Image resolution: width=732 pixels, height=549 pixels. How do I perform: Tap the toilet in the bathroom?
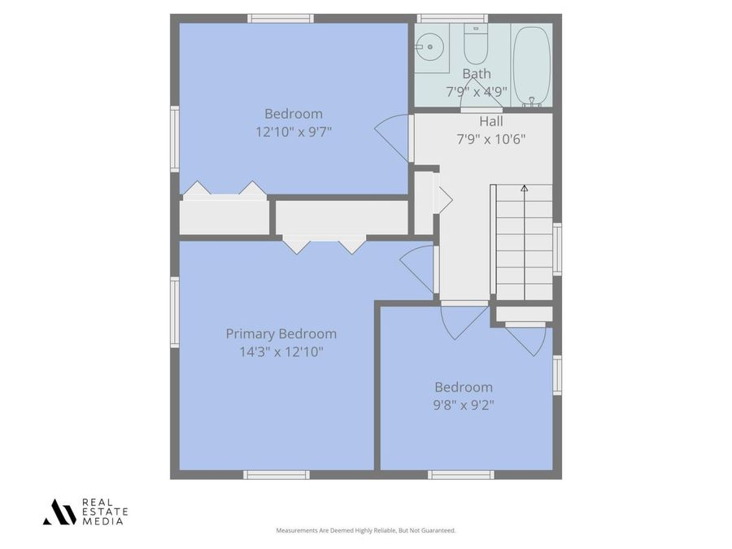click(x=475, y=46)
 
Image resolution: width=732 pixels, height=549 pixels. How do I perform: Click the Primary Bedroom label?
click(x=281, y=333)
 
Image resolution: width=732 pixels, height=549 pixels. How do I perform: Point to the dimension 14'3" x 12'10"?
click(x=281, y=352)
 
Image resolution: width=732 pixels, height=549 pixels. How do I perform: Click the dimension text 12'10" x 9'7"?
click(x=293, y=132)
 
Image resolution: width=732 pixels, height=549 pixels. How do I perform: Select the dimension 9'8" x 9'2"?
click(x=464, y=404)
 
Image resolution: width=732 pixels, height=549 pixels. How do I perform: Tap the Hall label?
click(x=490, y=121)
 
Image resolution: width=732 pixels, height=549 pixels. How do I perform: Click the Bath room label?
click(x=476, y=74)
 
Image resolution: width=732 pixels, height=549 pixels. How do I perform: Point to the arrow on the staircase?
click(x=524, y=189)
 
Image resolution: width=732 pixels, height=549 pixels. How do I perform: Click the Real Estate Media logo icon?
click(x=59, y=512)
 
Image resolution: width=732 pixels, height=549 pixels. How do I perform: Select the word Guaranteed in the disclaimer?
click(x=436, y=530)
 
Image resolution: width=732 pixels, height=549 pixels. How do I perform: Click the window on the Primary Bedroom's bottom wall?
click(x=277, y=474)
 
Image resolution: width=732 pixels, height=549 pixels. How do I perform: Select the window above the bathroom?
click(x=451, y=18)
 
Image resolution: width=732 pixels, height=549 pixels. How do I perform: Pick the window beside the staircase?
click(x=557, y=249)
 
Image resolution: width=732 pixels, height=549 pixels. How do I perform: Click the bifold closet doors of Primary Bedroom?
click(x=325, y=243)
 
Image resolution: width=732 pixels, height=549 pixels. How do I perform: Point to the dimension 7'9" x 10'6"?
click(x=490, y=139)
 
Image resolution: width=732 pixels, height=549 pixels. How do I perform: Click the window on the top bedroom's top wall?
click(x=281, y=18)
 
